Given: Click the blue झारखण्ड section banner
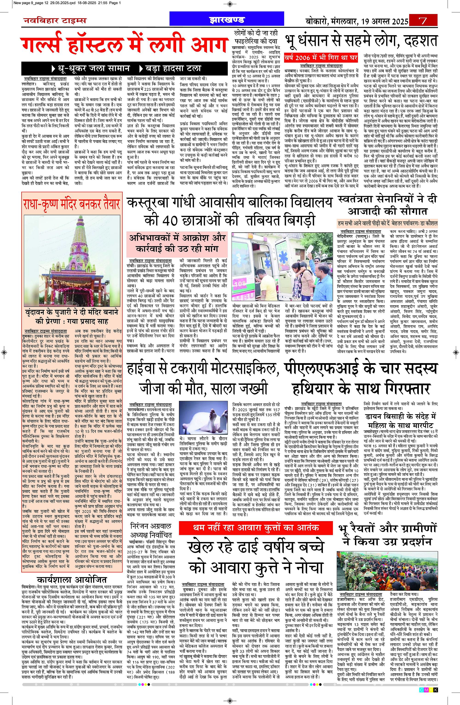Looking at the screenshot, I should click(227, 20).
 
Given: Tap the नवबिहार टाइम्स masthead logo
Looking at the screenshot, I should click(55, 20).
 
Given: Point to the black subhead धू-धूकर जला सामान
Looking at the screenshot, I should click(91, 69).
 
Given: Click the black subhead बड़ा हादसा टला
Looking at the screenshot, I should click(170, 69).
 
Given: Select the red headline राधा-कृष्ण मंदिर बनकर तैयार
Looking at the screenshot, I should click(72, 204).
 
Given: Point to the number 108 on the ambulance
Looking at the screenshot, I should click(239, 283).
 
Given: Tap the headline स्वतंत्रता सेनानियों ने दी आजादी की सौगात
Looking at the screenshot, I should click(387, 205).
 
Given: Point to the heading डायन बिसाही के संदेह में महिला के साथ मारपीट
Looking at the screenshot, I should click(400, 421).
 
